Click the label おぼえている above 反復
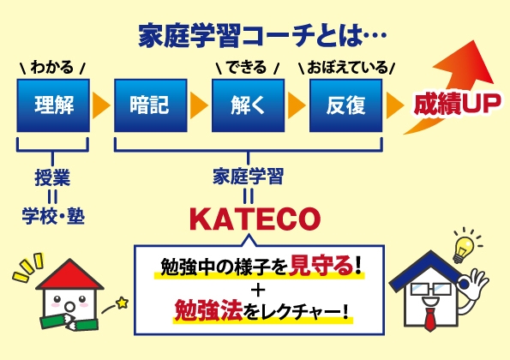347,67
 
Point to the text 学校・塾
52,214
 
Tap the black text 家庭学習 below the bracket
248,177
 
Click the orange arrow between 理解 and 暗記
100,105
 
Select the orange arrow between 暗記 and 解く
199,105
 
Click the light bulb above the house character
464,246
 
